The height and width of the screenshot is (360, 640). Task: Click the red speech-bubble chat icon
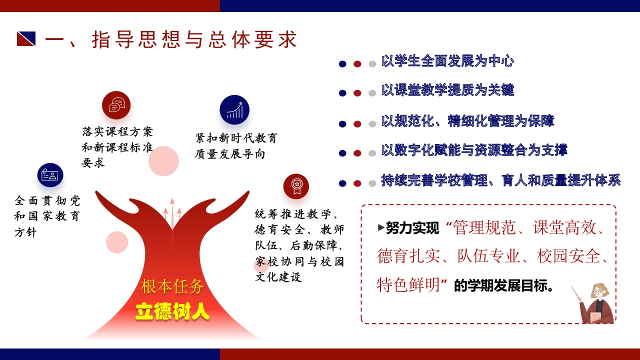pos(116,105)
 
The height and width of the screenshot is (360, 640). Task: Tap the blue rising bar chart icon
pos(234,110)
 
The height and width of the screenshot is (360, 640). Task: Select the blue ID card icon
pos(50,175)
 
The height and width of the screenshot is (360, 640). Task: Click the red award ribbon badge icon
pos(296,186)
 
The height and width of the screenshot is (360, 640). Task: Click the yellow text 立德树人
pos(172,311)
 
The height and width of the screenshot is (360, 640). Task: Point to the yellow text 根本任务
pos(172,286)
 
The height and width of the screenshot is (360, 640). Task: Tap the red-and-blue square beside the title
pos(26,38)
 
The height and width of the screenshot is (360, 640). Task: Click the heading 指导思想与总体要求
pos(194,39)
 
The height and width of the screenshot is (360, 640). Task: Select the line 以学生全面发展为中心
pos(447,61)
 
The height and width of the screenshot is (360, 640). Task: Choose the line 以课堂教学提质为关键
pos(447,90)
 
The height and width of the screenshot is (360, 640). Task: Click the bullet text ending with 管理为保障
pos(467,121)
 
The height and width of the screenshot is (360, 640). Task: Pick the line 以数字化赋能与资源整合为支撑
pos(474,150)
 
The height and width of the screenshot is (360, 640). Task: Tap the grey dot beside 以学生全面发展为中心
pos(372,64)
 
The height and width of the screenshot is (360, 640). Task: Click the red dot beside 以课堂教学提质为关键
pos(357,93)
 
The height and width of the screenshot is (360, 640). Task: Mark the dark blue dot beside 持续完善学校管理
pos(342,183)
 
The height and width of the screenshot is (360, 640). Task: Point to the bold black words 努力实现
pos(412,228)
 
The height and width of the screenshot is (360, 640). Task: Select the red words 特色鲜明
pos(408,284)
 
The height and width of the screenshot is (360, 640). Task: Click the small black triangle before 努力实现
pos(381,227)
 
